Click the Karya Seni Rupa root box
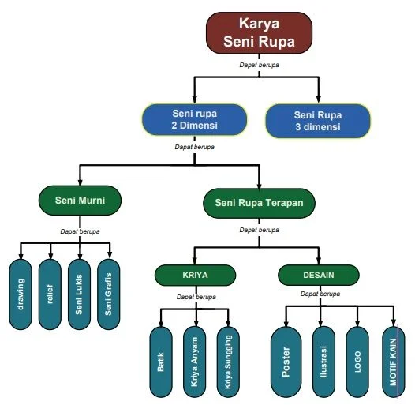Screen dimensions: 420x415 pos(260,32)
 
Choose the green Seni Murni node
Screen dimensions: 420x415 pos(81,201)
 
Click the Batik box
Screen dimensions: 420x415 pos(162,362)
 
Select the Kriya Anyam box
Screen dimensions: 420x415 pos(195,362)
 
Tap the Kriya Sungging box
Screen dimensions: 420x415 pos(228,362)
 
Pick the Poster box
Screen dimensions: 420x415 pos(286,362)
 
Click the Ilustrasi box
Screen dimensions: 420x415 pos(323,362)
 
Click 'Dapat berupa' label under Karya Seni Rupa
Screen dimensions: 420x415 pos(260,64)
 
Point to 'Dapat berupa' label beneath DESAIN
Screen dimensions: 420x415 pos(320,294)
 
